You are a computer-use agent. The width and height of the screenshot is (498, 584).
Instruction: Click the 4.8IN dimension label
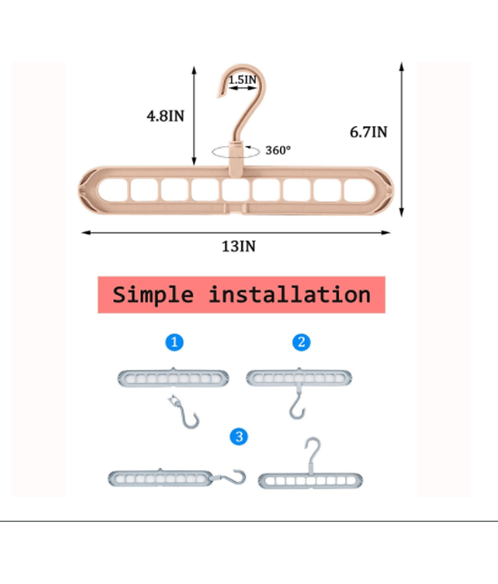point(165,115)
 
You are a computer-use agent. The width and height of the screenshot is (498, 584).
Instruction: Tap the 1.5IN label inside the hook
point(243,79)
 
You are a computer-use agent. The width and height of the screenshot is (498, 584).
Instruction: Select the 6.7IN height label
point(367,132)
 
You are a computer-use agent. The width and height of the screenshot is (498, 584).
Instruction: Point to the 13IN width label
point(238,246)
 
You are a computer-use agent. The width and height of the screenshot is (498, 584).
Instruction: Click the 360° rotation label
point(278,150)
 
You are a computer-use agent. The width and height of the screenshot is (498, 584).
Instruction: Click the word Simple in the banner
point(153,295)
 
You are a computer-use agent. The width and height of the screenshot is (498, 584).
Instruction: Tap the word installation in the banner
point(289,295)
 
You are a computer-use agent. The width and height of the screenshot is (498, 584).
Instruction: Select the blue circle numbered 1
point(173,342)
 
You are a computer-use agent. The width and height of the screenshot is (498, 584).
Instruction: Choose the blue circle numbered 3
point(238,437)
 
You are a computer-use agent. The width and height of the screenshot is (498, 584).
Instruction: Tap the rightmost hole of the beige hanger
point(356,190)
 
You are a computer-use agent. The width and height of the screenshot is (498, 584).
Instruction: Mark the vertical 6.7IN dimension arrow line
point(402,139)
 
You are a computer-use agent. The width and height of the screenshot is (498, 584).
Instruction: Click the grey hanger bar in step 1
point(173,378)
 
